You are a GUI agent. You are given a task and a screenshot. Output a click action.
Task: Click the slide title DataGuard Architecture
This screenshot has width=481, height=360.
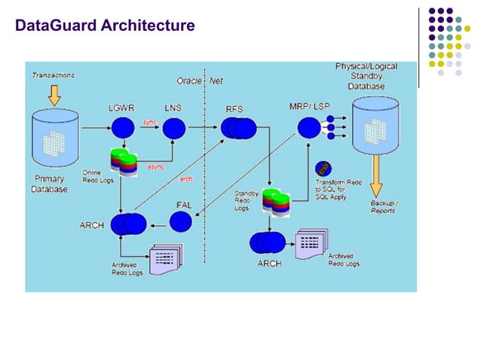(105, 27)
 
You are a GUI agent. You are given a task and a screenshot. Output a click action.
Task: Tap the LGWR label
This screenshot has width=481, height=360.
(121, 108)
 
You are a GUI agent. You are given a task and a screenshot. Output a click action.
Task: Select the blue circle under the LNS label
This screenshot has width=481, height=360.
(173, 129)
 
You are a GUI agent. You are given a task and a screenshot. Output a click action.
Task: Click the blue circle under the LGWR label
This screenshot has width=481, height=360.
(121, 130)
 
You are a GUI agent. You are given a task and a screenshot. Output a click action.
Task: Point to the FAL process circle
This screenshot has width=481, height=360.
(181, 221)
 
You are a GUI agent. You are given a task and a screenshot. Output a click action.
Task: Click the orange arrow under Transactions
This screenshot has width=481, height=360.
(54, 94)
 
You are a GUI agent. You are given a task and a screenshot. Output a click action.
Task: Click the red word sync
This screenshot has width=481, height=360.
(150, 120)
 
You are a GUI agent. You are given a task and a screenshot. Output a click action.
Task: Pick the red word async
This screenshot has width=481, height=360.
(156, 166)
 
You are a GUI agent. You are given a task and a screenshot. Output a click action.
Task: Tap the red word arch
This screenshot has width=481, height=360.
(185, 178)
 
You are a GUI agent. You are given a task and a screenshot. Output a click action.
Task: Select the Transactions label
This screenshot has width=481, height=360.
(54, 75)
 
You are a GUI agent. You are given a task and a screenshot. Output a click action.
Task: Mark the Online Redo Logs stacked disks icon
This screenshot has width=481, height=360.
(123, 161)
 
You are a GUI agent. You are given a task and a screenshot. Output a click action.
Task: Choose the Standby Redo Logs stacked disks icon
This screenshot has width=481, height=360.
(276, 202)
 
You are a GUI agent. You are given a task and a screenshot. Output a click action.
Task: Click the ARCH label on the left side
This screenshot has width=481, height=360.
(93, 224)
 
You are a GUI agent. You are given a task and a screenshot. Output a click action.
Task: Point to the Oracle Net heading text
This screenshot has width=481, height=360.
(200, 80)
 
